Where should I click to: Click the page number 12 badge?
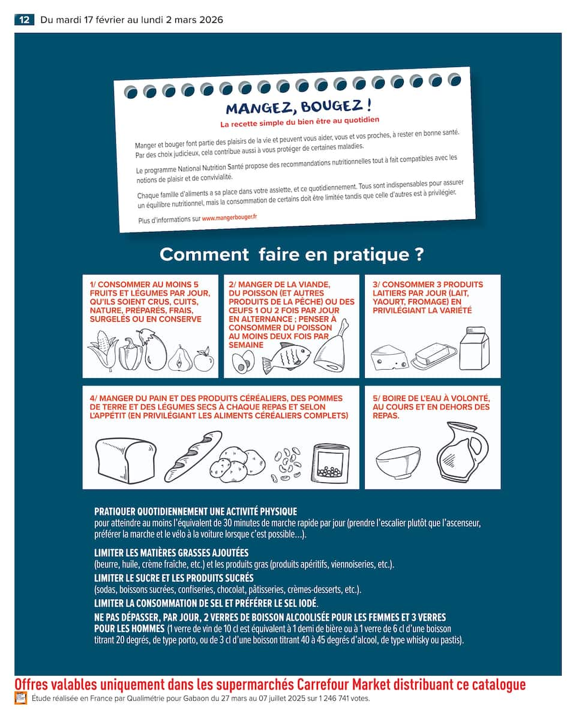pos(24,20)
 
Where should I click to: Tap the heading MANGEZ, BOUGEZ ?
pos(298,107)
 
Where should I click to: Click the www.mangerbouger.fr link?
pos(229,218)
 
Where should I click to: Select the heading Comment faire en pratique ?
pos(292,255)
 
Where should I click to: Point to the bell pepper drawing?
pos(130,355)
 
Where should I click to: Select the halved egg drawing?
pos(244,362)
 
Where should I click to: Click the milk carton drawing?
pos(474,349)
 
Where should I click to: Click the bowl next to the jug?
pos(398,462)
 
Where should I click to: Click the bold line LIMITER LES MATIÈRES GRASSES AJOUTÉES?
pos(171,552)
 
